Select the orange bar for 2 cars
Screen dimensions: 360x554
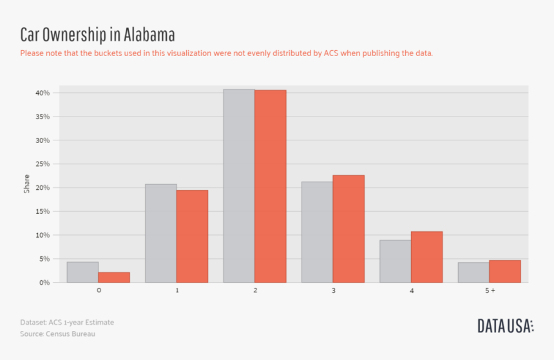(271, 186)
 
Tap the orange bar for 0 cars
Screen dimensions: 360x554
(114, 278)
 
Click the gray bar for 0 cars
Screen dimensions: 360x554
(82, 272)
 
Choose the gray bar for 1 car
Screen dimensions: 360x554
(160, 233)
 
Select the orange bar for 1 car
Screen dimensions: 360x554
(192, 236)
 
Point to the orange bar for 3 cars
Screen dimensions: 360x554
(349, 229)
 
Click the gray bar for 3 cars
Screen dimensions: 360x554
(317, 232)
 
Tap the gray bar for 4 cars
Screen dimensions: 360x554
(395, 261)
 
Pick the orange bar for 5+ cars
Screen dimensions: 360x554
(505, 272)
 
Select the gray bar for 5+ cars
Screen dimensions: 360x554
(473, 272)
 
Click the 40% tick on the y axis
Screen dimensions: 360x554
(43, 93)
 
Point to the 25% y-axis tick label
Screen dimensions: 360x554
(43, 164)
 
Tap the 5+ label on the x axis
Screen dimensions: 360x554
(490, 291)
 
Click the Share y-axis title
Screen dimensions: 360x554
(26, 184)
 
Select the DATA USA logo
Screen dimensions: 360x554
(505, 326)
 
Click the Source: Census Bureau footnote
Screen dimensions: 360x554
(57, 334)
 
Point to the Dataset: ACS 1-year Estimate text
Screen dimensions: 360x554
(67, 322)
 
